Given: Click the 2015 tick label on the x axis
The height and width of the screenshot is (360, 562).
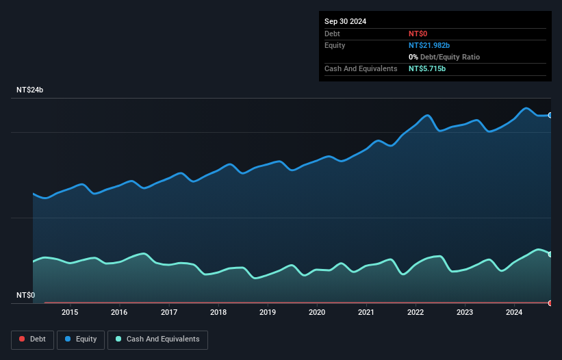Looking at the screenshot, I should coord(70,313).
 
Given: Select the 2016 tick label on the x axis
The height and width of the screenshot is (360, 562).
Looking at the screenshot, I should coord(119,313).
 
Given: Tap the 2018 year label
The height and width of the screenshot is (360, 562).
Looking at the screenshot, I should coord(218,313).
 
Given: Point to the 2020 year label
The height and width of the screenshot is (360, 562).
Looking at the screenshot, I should coord(317,313).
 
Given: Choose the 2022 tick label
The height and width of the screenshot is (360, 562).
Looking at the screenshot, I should coord(416,313).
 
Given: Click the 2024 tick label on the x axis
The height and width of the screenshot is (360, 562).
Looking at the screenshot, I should coord(514,313).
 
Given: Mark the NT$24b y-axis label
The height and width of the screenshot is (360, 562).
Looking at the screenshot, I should coord(30,90).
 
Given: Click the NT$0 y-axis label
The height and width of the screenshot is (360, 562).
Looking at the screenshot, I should coord(25,296).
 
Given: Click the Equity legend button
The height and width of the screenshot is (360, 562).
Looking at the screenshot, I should coord(81,339).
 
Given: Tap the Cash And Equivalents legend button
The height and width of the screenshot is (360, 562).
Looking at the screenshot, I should coord(157,339).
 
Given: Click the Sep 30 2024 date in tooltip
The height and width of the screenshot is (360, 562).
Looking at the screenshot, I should coord(345,21).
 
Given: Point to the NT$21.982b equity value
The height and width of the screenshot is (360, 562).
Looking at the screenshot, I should coord(429,45).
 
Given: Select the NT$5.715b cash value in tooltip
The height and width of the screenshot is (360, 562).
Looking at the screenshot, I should coord(427,69).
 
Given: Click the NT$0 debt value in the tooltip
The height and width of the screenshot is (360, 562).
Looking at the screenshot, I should coord(418,34).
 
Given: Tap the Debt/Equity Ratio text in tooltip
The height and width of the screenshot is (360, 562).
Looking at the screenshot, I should coord(448,57).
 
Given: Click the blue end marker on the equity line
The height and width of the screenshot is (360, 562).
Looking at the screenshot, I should coord(550,115).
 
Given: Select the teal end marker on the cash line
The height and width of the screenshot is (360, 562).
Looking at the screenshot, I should coord(550,254).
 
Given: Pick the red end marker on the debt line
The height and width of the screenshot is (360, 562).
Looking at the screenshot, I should coord(550,303).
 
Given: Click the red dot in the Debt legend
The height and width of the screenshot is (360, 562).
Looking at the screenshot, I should coord(22,339).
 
